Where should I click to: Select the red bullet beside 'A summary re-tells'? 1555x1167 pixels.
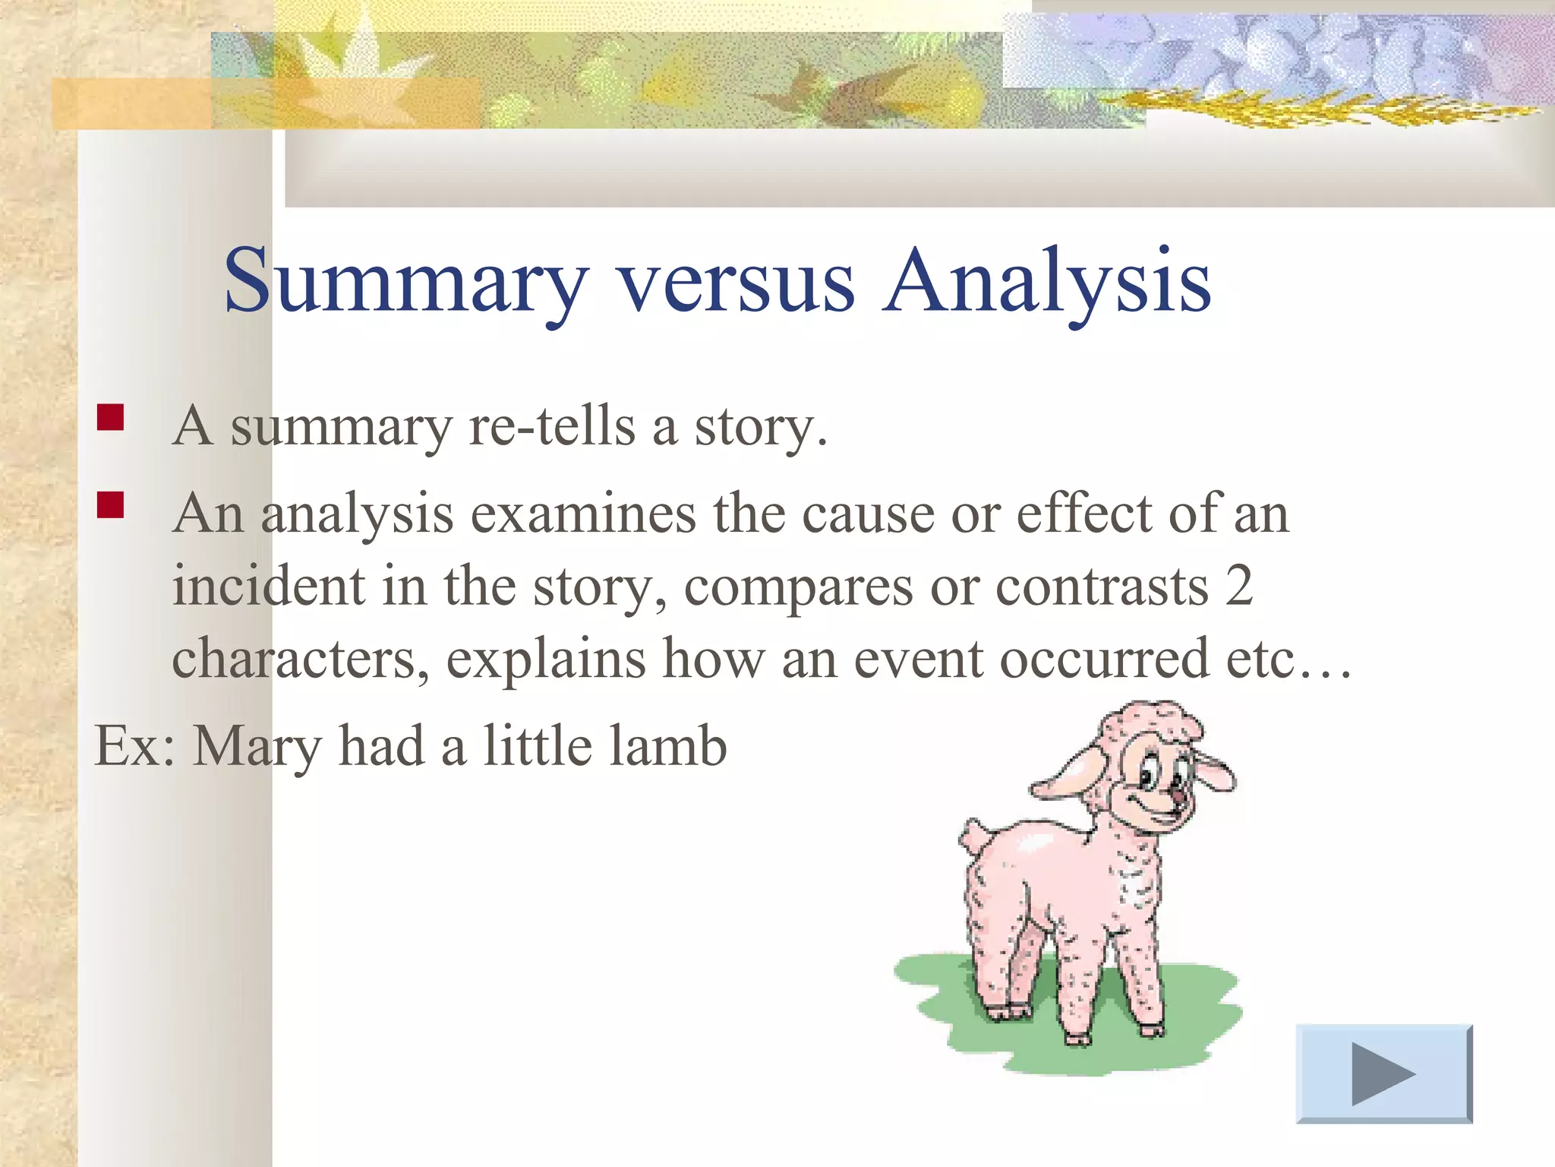click(111, 418)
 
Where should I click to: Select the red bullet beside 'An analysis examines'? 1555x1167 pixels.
click(111, 504)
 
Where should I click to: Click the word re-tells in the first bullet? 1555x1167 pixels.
click(551, 427)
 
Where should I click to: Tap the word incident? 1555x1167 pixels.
click(268, 586)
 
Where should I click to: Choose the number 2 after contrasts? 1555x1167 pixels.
click(1238, 586)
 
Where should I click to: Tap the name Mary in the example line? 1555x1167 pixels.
click(257, 748)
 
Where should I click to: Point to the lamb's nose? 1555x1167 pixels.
click(1177, 795)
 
